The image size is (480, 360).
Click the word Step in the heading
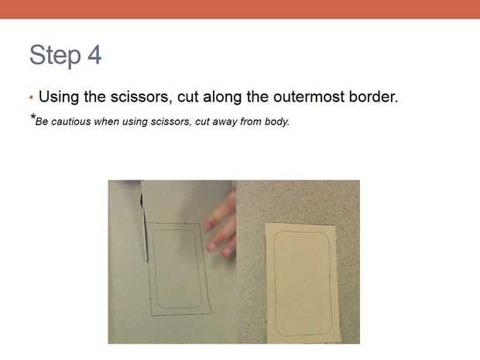pyautogui.click(x=55, y=56)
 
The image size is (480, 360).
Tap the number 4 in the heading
pyautogui.click(x=94, y=55)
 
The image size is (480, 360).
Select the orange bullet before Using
pyautogui.click(x=31, y=98)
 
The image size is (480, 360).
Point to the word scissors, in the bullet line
pyautogui.click(x=139, y=97)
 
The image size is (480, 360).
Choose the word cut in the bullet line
pyautogui.click(x=187, y=98)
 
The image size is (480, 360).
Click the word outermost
pyautogui.click(x=309, y=98)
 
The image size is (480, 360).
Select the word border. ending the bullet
pyautogui.click(x=373, y=97)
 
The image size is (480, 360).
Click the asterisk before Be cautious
pyautogui.click(x=33, y=117)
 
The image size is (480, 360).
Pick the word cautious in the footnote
pyautogui.click(x=71, y=122)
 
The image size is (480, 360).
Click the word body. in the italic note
pyautogui.click(x=277, y=122)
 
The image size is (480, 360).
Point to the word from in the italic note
pyautogui.click(x=251, y=122)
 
